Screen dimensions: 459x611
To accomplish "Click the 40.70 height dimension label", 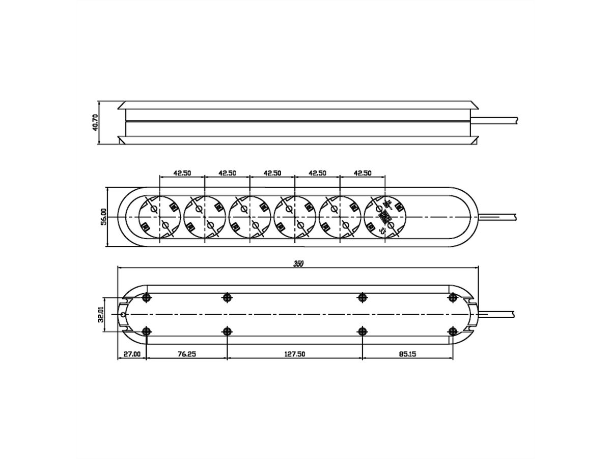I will [95, 123].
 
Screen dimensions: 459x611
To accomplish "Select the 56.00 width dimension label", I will [103, 217].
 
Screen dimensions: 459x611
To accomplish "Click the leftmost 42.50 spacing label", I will [182, 173].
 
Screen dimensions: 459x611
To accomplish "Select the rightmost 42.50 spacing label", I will [362, 173].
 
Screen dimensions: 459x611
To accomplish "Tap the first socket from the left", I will [159, 217].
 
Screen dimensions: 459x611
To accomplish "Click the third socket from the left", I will [249, 217].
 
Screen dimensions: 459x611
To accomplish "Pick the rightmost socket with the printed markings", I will [385, 217].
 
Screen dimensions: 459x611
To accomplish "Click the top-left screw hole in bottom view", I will [147, 297].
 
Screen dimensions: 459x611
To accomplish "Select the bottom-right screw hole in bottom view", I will [452, 331].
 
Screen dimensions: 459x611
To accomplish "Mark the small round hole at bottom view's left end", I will [122, 314].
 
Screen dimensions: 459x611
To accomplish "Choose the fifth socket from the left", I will [340, 217].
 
